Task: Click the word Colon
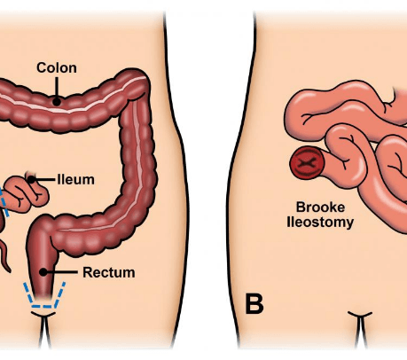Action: click(57, 67)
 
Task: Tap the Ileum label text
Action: click(76, 179)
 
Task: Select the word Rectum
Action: click(109, 272)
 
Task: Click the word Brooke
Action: click(320, 207)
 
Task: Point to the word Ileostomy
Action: click(320, 223)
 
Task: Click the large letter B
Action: click(254, 304)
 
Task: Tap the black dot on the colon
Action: click(57, 102)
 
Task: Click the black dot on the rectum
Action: click(43, 272)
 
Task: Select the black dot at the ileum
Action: click(31, 179)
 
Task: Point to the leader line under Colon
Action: click(57, 88)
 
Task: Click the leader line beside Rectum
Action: click(62, 272)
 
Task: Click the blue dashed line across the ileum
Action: click(4, 202)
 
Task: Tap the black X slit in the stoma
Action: click(307, 162)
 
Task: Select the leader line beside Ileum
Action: click(45, 179)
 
